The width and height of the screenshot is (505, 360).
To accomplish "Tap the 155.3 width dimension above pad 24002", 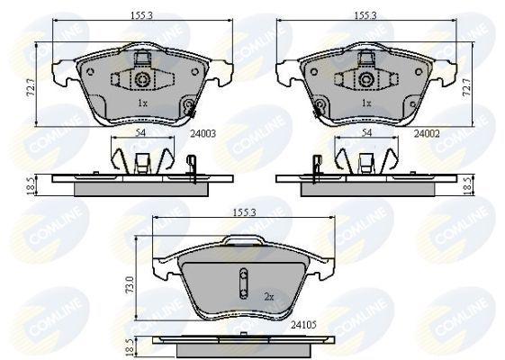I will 365,15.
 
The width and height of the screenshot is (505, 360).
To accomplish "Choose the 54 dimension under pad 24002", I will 366,132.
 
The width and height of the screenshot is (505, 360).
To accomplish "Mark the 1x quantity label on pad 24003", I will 142,104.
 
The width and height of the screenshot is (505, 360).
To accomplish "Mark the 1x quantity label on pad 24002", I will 365,104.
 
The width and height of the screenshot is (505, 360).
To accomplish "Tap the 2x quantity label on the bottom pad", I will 267,294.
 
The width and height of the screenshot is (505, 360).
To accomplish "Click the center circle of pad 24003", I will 143,81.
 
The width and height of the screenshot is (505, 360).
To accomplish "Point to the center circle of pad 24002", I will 365,81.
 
